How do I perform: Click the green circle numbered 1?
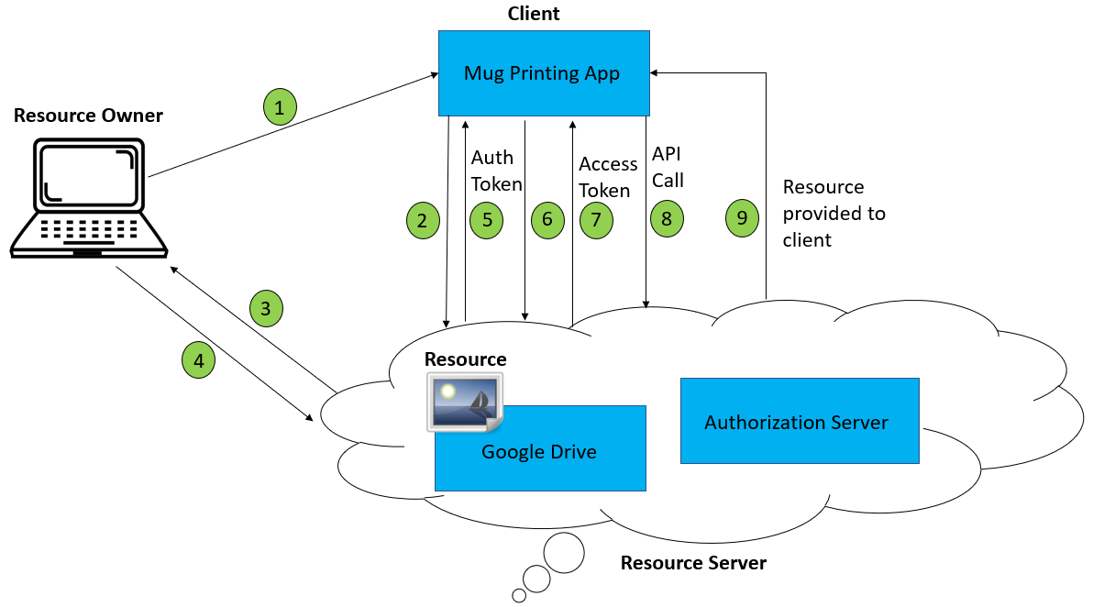(280, 107)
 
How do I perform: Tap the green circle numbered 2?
(422, 220)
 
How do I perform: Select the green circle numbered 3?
(265, 308)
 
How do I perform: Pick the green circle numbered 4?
(198, 360)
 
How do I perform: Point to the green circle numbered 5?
(487, 220)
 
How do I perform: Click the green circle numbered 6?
(547, 220)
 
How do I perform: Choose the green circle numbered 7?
(596, 220)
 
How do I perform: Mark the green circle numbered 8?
(667, 220)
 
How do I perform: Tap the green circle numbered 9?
(742, 219)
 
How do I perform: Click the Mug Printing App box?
(542, 73)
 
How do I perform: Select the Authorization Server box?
(799, 421)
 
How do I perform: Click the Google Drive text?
(539, 451)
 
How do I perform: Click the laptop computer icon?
(89, 198)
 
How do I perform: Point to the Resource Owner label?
(88, 116)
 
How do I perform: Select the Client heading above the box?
(534, 14)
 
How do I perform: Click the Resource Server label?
(693, 562)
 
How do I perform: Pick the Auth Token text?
(496, 170)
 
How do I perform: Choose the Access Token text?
(607, 177)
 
